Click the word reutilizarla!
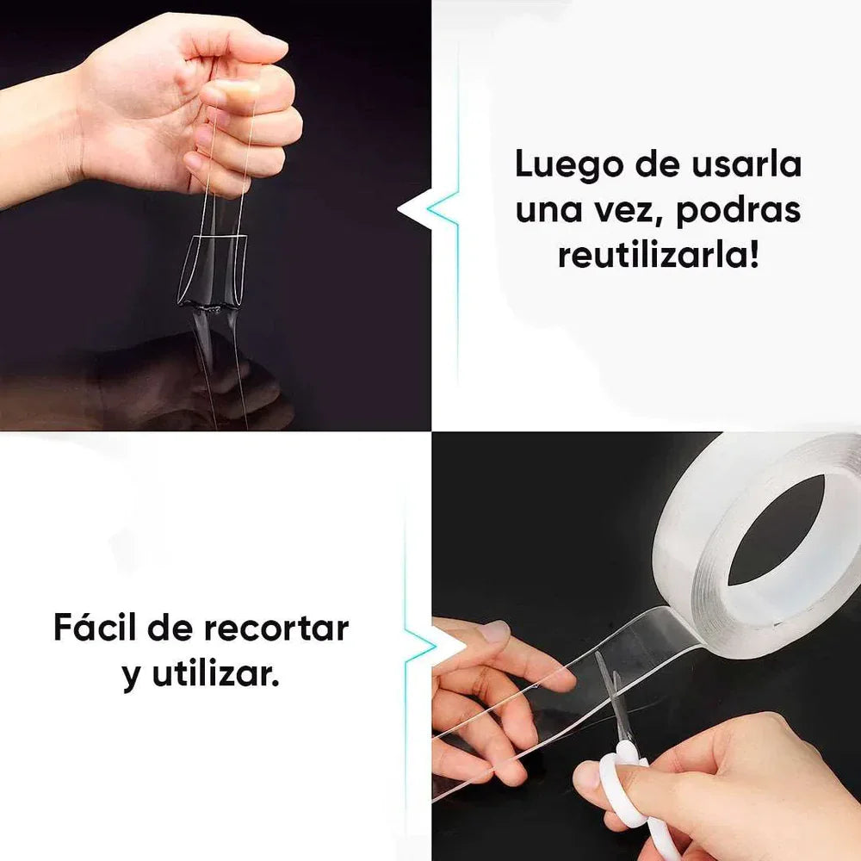659,256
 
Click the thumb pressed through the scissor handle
594,779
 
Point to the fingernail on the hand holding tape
494,633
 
